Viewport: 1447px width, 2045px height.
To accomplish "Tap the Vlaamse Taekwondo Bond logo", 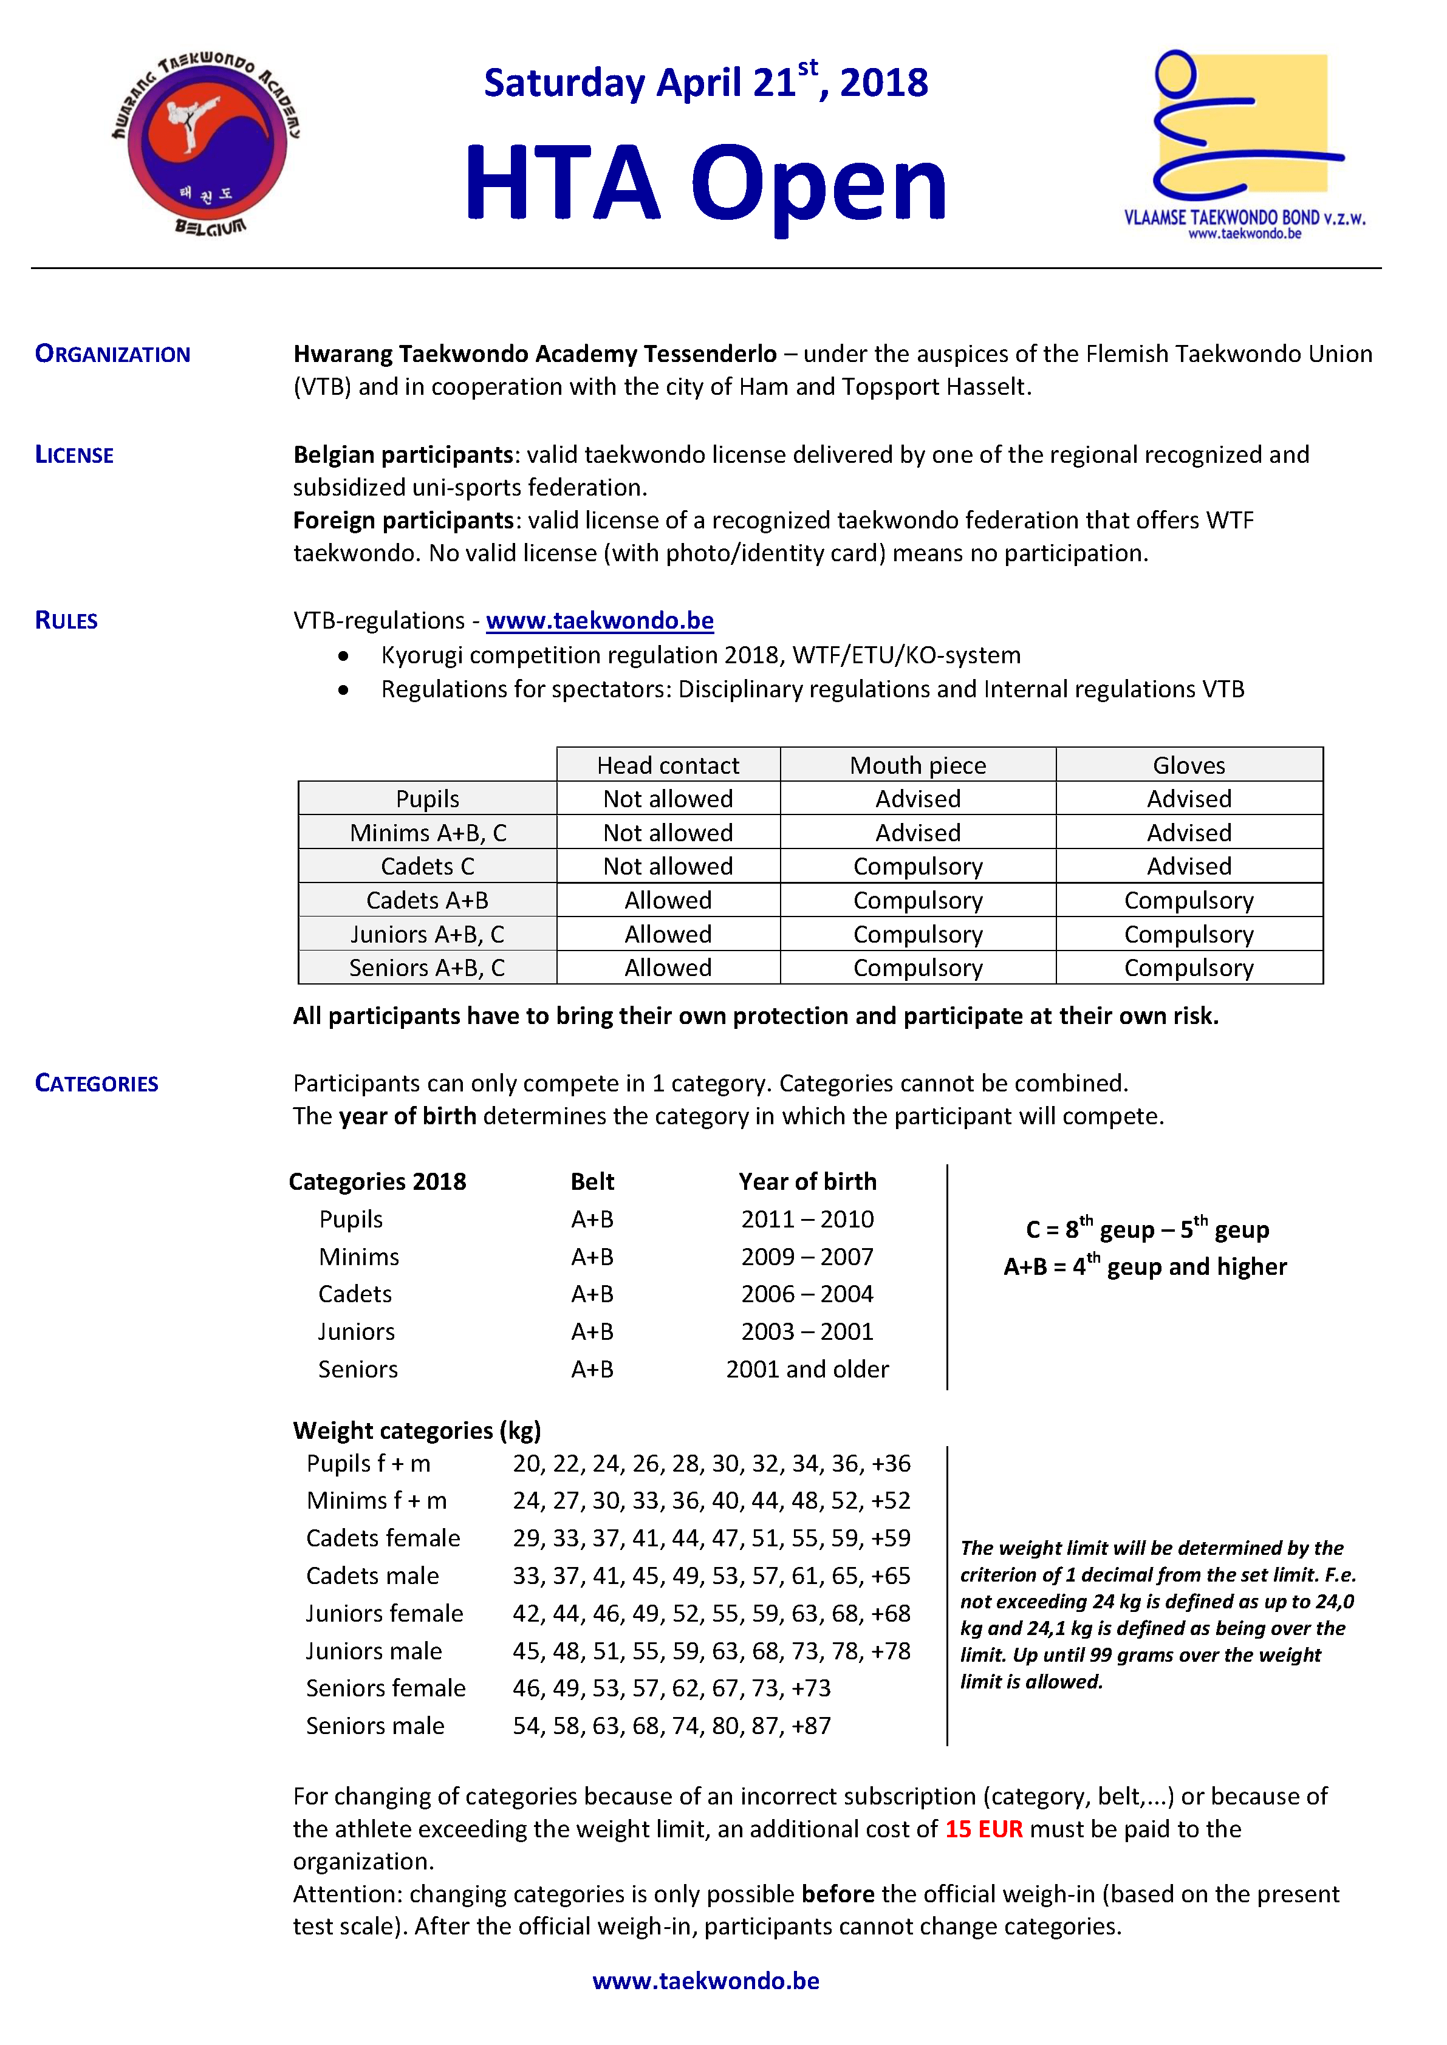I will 1244,143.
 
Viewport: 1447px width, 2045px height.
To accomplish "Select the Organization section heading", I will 112,355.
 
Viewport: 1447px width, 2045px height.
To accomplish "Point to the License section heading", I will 74,455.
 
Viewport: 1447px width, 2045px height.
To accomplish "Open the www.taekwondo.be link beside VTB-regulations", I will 600,621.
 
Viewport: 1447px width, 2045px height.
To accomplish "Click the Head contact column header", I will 668,765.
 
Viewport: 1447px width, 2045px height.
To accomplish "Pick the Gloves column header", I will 1189,765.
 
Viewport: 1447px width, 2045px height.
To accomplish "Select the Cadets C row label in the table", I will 427,867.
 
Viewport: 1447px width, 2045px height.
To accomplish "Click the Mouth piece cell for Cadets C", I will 918,867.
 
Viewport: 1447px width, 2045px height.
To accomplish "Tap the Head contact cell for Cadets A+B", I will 668,901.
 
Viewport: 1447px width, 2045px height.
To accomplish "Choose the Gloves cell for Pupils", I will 1189,799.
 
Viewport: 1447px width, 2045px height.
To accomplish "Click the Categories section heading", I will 96,1084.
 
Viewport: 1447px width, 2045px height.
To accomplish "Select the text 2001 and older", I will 807,1369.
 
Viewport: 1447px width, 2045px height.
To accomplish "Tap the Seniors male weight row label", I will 375,1726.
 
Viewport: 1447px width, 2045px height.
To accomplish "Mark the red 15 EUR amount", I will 983,1829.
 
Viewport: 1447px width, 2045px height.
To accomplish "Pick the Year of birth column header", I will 807,1182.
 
